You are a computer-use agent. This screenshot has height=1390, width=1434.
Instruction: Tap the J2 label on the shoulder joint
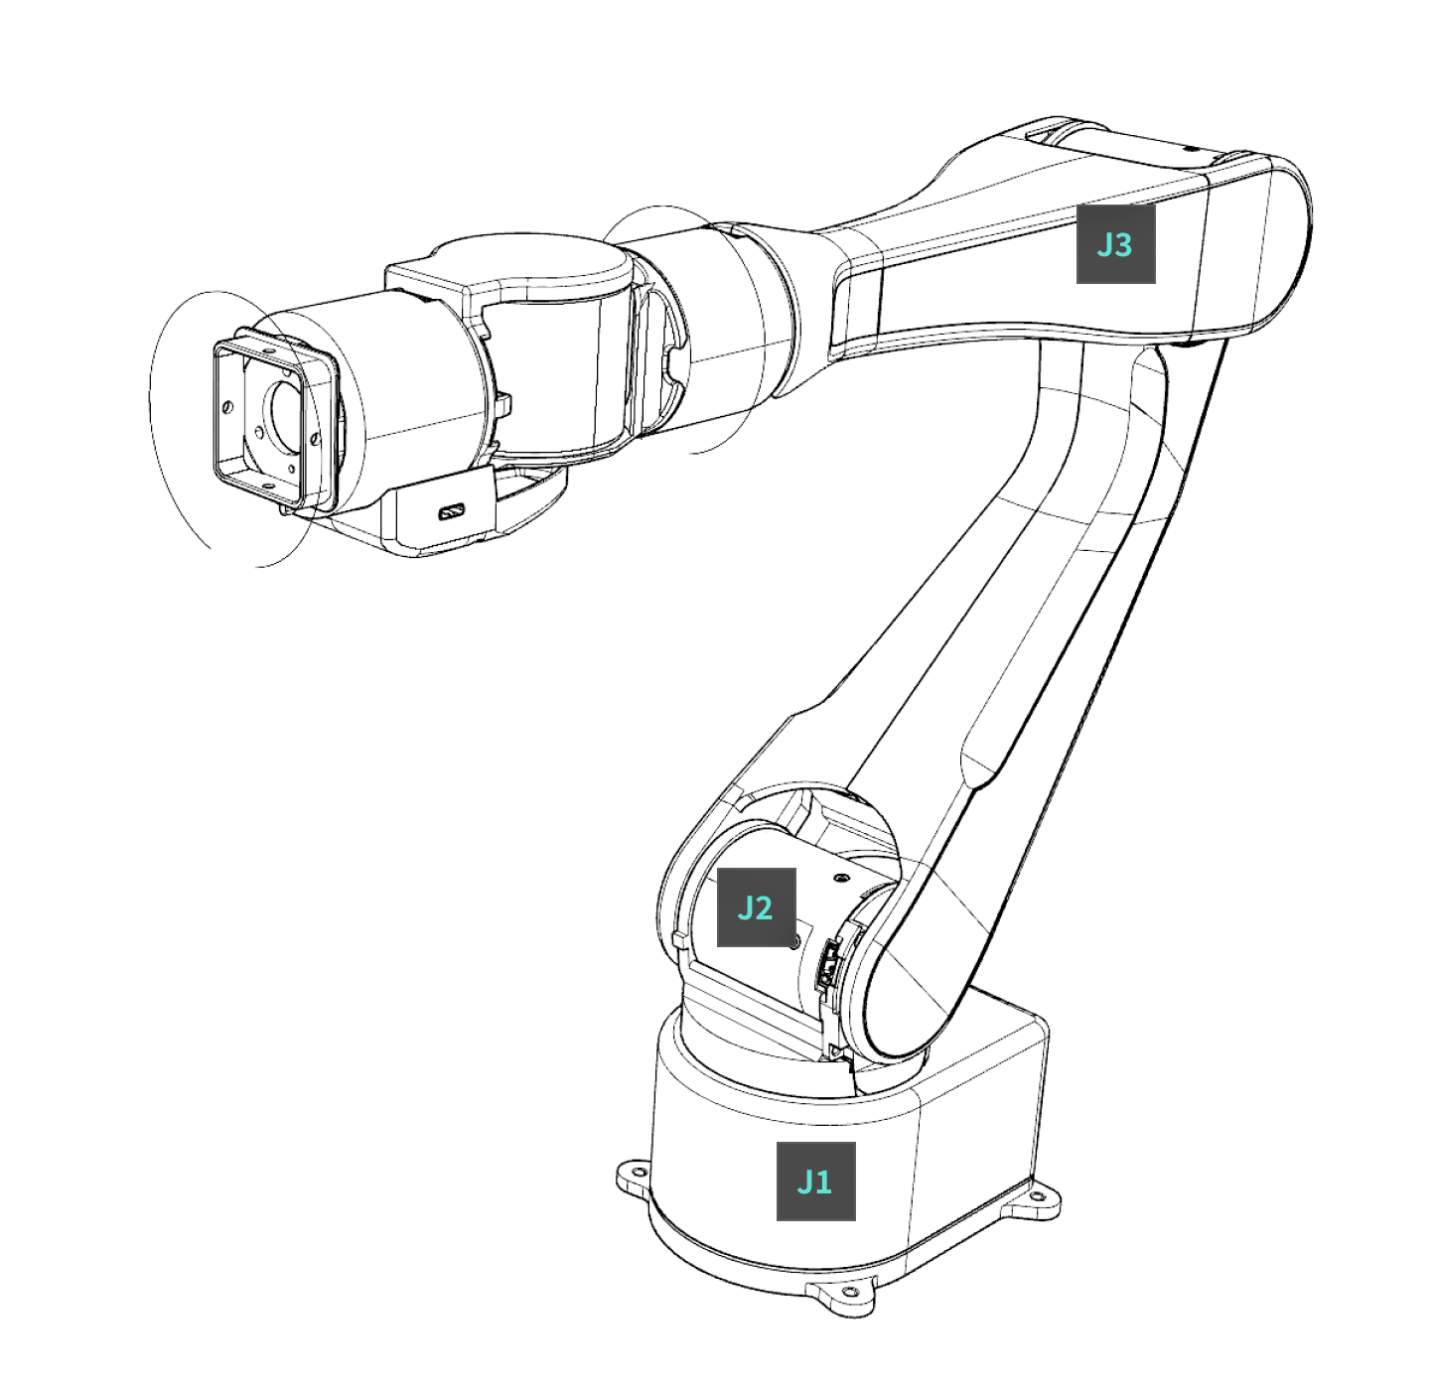pos(756,907)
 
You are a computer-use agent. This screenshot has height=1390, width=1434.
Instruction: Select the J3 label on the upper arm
pos(1115,244)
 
